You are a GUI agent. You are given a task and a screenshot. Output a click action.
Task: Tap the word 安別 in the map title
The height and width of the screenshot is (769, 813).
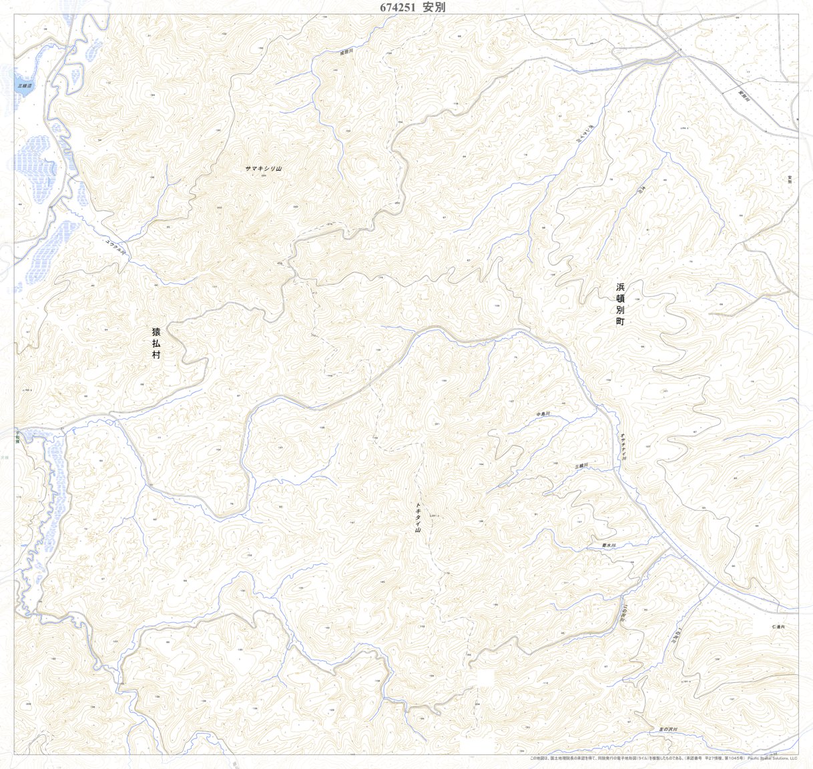[x=434, y=7]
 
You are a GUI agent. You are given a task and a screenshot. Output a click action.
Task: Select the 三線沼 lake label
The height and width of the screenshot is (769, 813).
[x=25, y=86]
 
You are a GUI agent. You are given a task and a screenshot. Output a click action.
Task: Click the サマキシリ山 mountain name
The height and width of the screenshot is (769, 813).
[x=264, y=169]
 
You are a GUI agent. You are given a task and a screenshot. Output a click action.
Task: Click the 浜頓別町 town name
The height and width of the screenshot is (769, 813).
[x=620, y=304]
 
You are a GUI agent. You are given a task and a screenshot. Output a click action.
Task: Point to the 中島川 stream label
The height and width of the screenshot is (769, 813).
[x=543, y=414]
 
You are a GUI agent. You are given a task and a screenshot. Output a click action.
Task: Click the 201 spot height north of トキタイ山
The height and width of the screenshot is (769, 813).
[x=437, y=424]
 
